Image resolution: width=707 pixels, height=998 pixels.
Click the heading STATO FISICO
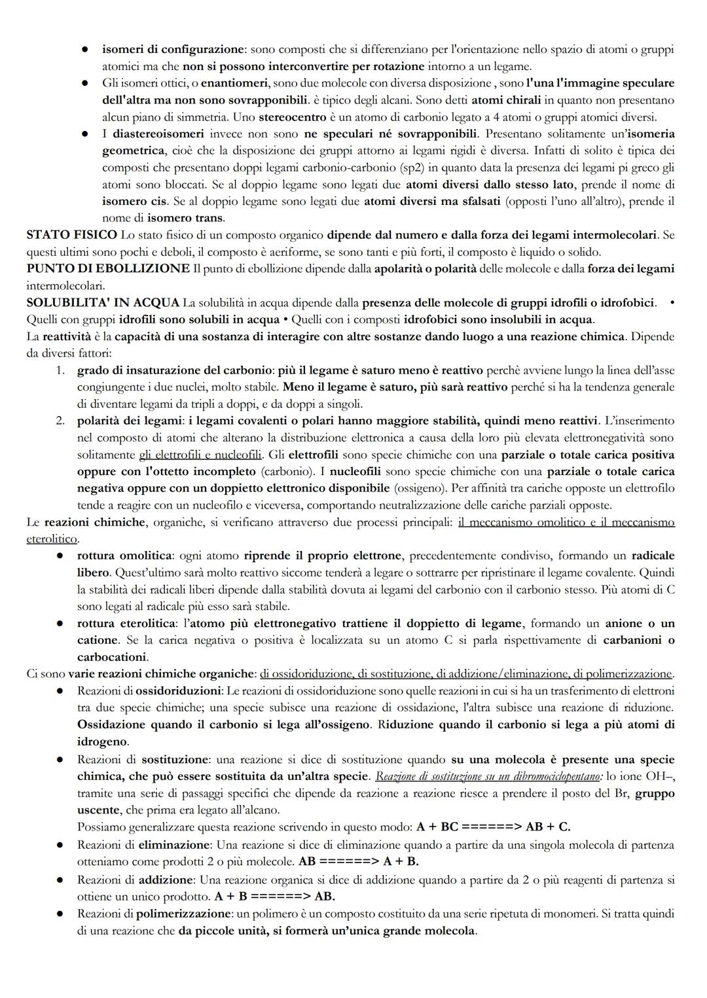pos(71,234)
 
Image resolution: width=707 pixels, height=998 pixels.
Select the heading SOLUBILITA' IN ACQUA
pos(103,302)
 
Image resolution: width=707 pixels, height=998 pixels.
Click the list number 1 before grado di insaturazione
pos(60,370)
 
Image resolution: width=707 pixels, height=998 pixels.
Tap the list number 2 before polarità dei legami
pos(60,420)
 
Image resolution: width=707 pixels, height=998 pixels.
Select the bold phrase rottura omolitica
pos(124,556)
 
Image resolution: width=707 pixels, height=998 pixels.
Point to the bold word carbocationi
pos(112,656)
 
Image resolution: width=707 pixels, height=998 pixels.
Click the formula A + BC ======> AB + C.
pos(493,827)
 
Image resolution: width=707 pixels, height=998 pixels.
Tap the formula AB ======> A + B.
pos(358,861)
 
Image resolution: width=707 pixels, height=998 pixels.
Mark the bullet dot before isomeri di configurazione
pos(85,50)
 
